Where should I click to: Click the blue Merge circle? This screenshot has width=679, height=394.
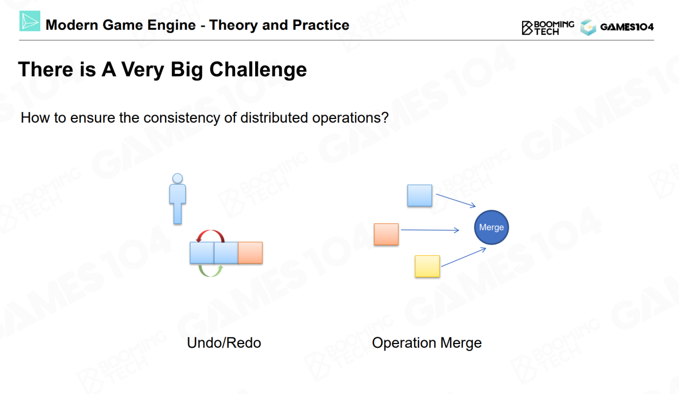coord(491,227)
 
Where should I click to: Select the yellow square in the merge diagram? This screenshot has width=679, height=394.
coord(427,266)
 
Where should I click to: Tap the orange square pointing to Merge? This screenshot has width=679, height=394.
coord(386,234)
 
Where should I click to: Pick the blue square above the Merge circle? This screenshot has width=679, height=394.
coord(420,195)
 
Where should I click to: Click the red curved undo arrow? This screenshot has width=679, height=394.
coord(211,232)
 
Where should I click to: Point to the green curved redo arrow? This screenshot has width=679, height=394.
coord(211,275)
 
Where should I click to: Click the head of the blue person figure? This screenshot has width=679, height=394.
coord(177,178)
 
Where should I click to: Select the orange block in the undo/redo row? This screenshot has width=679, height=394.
coord(250,253)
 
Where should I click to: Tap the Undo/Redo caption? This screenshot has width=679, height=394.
coord(224,342)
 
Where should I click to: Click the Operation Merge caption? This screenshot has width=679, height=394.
coord(427,343)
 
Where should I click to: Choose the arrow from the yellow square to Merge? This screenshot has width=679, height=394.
coord(464,258)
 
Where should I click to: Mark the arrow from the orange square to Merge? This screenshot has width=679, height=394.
coord(430,230)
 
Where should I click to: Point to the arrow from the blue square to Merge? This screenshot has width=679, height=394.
coord(456,201)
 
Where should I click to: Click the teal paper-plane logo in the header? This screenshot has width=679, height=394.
coord(30,21)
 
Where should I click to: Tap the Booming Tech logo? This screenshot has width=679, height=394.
coord(548,28)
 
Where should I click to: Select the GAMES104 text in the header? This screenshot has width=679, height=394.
coord(627,27)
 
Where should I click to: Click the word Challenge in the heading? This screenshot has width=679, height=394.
coord(258,70)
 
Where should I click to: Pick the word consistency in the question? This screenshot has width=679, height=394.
coord(182,118)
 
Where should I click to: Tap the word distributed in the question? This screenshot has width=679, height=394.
coord(274,117)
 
